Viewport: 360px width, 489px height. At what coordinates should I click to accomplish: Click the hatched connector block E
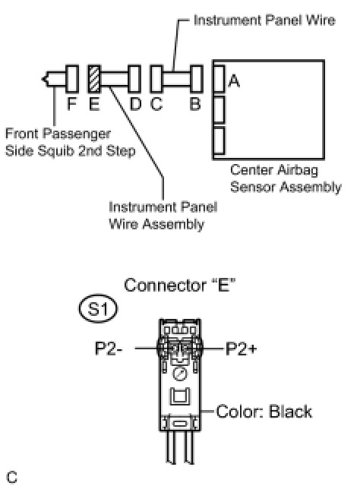pyautogui.click(x=94, y=79)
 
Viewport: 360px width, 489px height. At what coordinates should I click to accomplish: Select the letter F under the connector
pyautogui.click(x=71, y=103)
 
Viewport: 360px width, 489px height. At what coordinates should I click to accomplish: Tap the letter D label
pyautogui.click(x=135, y=103)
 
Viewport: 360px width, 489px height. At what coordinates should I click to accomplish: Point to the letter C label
pyautogui.click(x=156, y=103)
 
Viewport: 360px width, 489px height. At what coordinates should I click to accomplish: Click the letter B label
pyautogui.click(x=195, y=103)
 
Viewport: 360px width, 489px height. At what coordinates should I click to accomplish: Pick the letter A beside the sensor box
pyautogui.click(x=234, y=81)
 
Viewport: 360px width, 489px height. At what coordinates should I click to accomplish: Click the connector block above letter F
pyautogui.click(x=72, y=79)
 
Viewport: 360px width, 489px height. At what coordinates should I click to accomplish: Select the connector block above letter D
pyautogui.click(x=134, y=79)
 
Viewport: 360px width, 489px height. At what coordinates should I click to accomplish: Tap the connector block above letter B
pyautogui.click(x=197, y=79)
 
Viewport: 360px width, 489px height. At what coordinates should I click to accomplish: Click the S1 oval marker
pyautogui.click(x=98, y=308)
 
